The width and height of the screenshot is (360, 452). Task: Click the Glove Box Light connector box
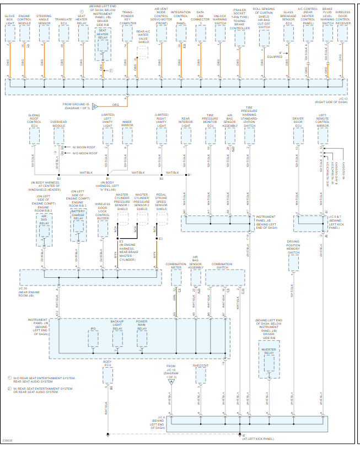(10, 34)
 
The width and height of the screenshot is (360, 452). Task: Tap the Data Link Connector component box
(200, 34)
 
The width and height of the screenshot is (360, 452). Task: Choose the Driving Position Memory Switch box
(293, 263)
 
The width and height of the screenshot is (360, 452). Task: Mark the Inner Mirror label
(127, 125)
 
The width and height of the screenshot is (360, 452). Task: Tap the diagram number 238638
(8, 440)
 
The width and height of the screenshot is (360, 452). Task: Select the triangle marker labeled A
(171, 381)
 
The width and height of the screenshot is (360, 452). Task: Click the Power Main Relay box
(142, 339)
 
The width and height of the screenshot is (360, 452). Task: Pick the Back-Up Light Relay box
(117, 339)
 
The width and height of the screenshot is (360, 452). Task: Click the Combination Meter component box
(175, 277)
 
